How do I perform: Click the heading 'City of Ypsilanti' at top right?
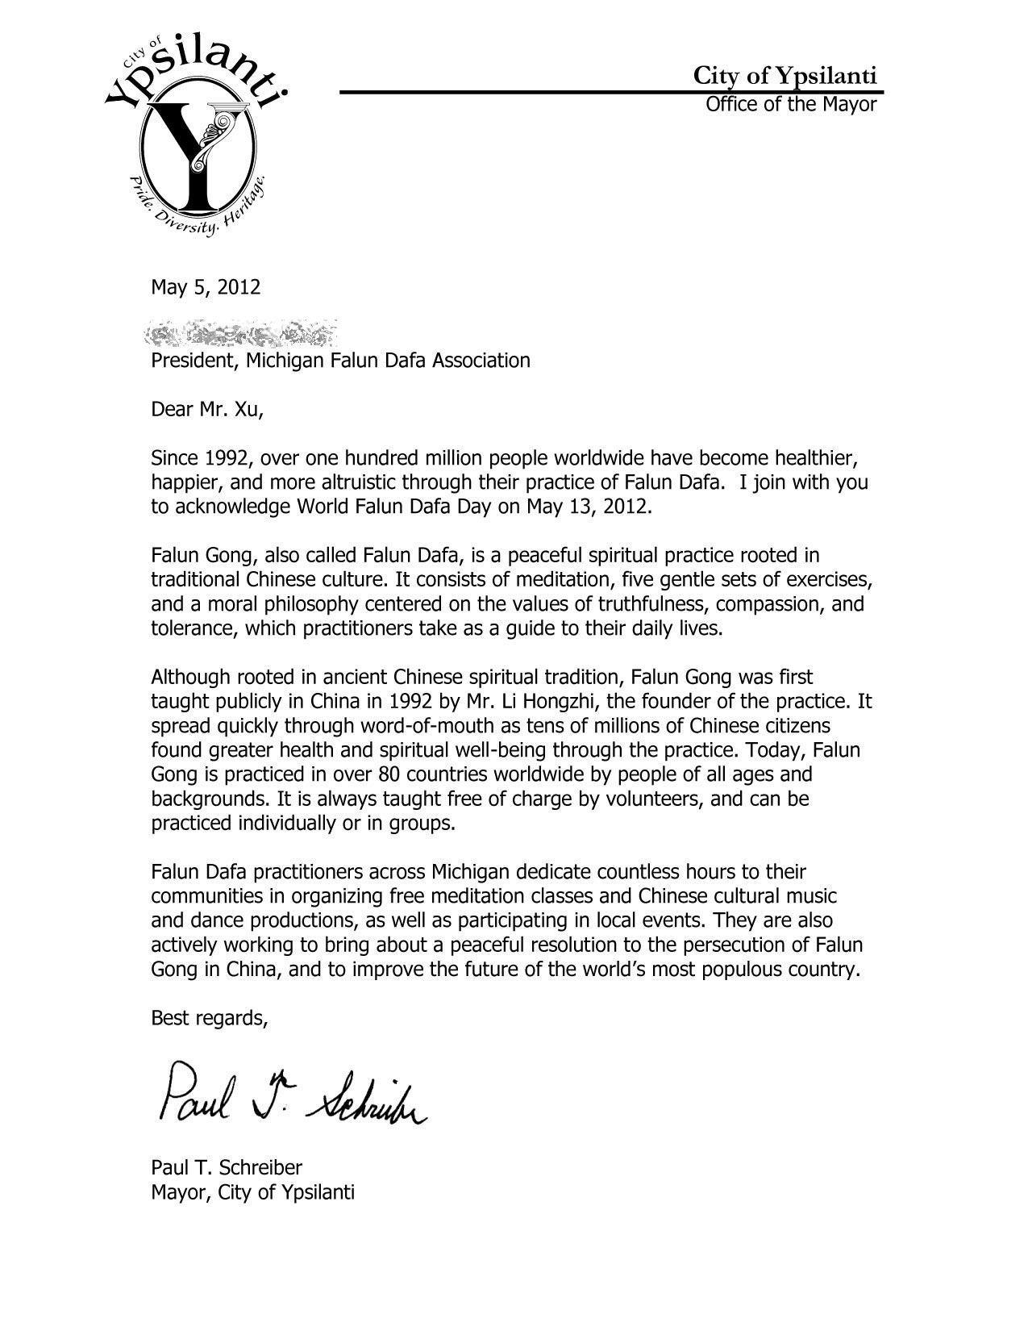785,76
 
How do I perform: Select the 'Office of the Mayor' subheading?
790,104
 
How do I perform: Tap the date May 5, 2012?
206,287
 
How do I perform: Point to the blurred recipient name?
242,332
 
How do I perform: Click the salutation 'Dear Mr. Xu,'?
207,410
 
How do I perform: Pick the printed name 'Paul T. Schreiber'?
227,1167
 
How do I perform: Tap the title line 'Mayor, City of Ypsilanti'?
252,1192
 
